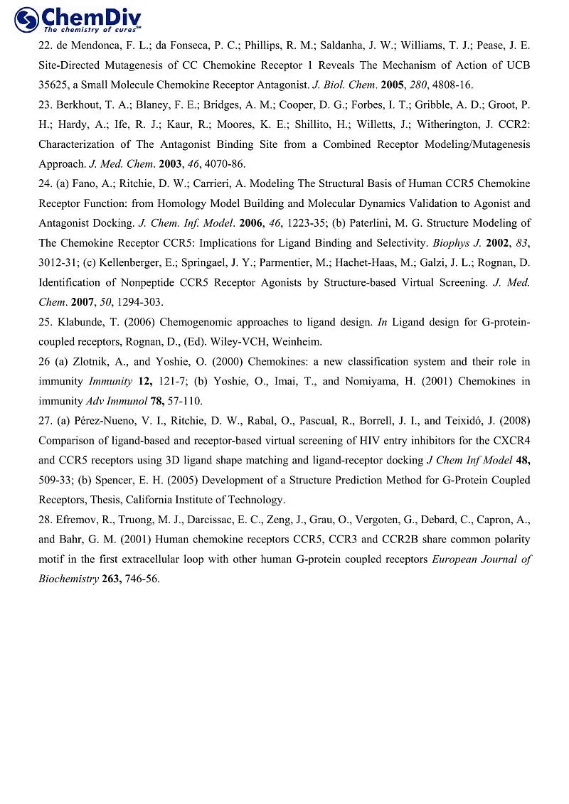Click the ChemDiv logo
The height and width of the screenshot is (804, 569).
(x=78, y=19)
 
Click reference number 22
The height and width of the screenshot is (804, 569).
(x=44, y=45)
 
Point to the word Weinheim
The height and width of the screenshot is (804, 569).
(x=299, y=342)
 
